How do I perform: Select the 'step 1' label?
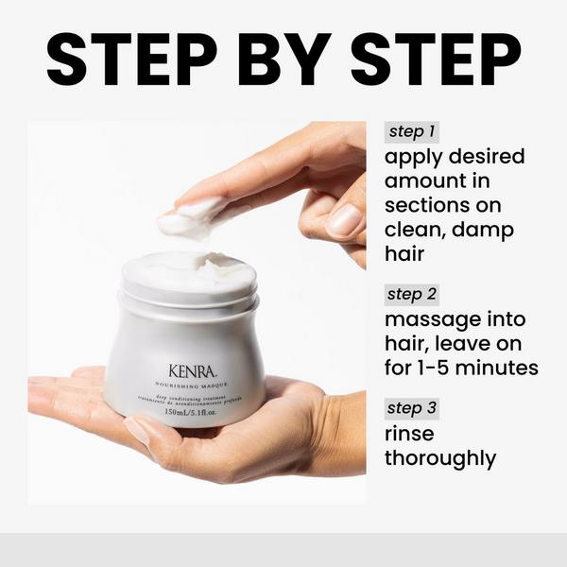click(x=413, y=132)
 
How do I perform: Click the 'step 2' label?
click(x=413, y=294)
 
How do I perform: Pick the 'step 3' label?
click(x=413, y=409)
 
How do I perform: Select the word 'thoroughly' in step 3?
click(x=439, y=458)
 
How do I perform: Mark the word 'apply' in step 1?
click(x=413, y=157)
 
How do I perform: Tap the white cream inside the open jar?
click(x=189, y=267)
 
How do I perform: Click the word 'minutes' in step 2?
click(x=500, y=368)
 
